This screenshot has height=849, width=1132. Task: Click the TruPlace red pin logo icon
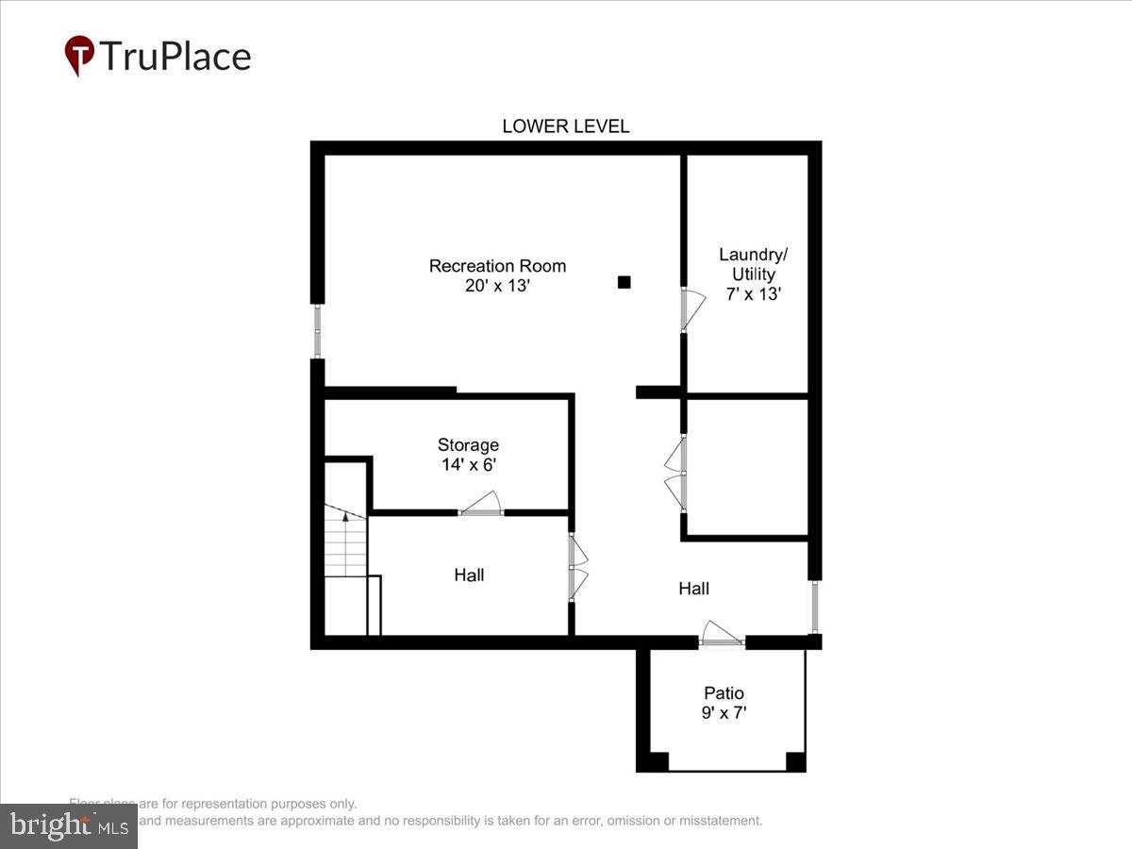point(79,55)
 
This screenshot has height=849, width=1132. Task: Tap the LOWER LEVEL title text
point(565,126)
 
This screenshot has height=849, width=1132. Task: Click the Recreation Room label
point(497,266)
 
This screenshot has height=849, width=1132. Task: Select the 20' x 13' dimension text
point(497,286)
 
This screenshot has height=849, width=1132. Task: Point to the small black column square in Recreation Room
point(624,281)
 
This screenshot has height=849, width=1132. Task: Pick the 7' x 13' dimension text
point(752,293)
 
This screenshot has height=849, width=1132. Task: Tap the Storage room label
point(468,445)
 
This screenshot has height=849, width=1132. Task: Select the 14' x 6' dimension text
point(468,465)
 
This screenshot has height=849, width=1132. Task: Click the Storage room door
point(482,506)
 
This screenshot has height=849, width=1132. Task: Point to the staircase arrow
point(346,515)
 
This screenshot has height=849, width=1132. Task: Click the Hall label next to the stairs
point(469,574)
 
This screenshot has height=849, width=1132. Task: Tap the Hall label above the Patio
point(693,589)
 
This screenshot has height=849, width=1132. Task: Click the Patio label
point(724,692)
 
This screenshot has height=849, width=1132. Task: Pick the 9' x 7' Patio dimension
point(724,713)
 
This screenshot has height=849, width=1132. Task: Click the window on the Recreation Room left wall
point(317,330)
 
